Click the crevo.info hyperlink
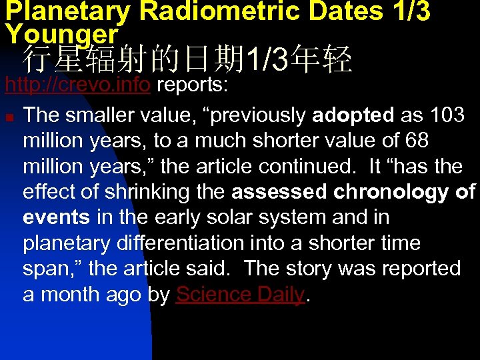77,86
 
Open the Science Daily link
240,295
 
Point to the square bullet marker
9,116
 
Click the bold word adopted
353,115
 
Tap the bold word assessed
279,192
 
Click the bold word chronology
393,192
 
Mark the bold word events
57,217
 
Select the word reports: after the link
193,86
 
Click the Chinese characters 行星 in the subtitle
49,61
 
